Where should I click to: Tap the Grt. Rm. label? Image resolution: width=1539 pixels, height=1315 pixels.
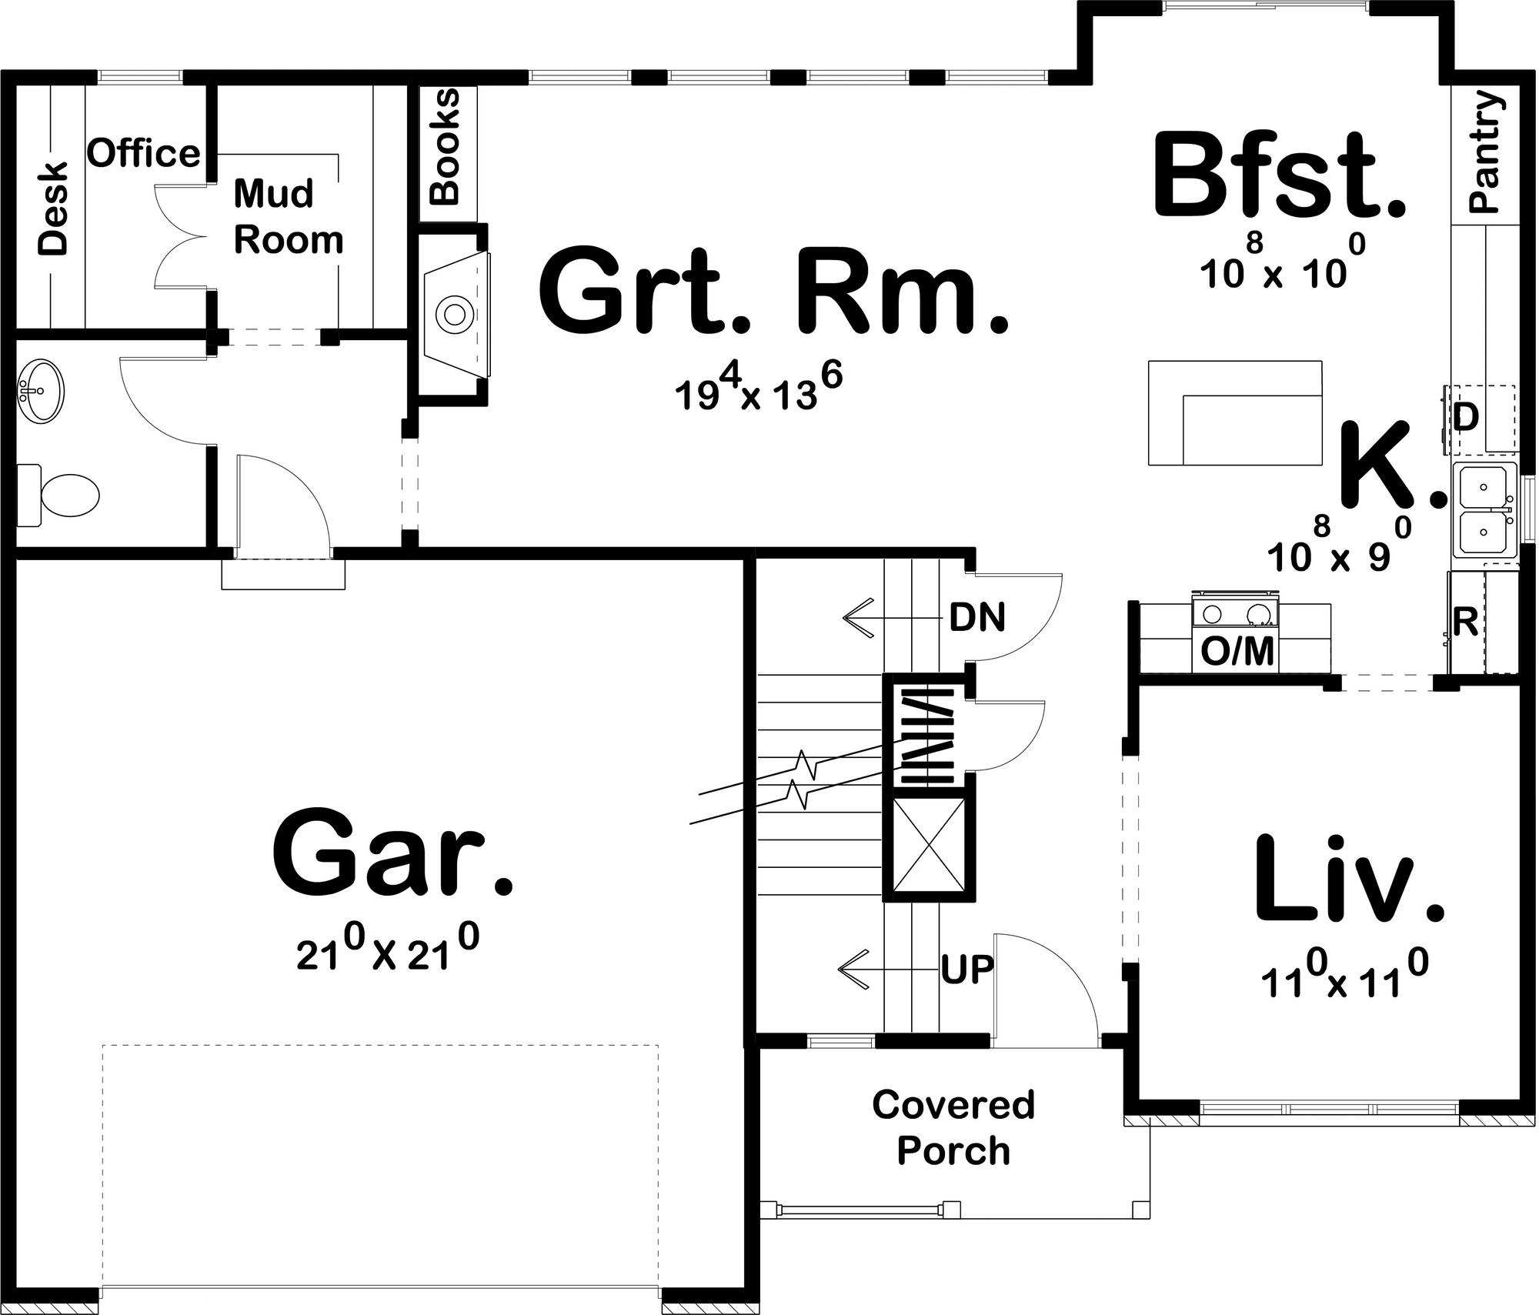pyautogui.click(x=773, y=292)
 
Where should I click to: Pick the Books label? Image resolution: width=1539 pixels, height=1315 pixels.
pyautogui.click(x=445, y=147)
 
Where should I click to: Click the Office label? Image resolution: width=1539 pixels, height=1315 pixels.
pyautogui.click(x=144, y=153)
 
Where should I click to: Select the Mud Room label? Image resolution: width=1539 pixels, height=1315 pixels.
pyautogui.click(x=289, y=217)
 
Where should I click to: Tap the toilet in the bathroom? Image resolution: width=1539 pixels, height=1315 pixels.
pyautogui.click(x=58, y=495)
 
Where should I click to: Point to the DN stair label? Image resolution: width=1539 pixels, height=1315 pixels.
pyautogui.click(x=977, y=617)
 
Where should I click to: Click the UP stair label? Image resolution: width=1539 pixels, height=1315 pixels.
pyautogui.click(x=967, y=971)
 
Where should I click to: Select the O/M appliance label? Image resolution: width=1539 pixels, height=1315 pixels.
pyautogui.click(x=1237, y=652)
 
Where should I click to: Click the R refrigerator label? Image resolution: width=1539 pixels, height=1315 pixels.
pyautogui.click(x=1465, y=622)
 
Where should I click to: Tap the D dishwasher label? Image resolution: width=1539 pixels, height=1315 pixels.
pyautogui.click(x=1466, y=418)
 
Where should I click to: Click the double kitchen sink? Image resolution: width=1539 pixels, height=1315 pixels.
pyautogui.click(x=1484, y=510)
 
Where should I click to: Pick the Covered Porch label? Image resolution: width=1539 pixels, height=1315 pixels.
pyautogui.click(x=953, y=1128)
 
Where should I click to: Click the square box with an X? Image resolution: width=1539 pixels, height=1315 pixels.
pyautogui.click(x=929, y=845)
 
